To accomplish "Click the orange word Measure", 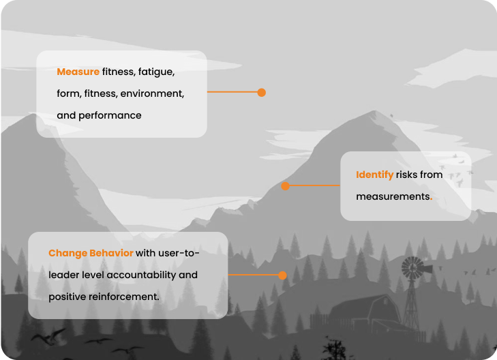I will pyautogui.click(x=78, y=72).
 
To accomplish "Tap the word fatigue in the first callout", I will pyautogui.click(x=157, y=72).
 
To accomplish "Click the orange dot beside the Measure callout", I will pyautogui.click(x=261, y=92).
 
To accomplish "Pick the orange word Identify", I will pyautogui.click(x=374, y=175).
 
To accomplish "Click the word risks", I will pyautogui.click(x=407, y=175).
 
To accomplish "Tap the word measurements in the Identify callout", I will pyautogui.click(x=392, y=196).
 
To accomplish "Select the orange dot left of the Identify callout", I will pyautogui.click(x=285, y=185).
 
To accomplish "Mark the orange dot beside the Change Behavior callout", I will pyautogui.click(x=282, y=275).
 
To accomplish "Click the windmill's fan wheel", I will pyautogui.click(x=411, y=267).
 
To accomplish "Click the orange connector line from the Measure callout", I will pyautogui.click(x=232, y=92).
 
